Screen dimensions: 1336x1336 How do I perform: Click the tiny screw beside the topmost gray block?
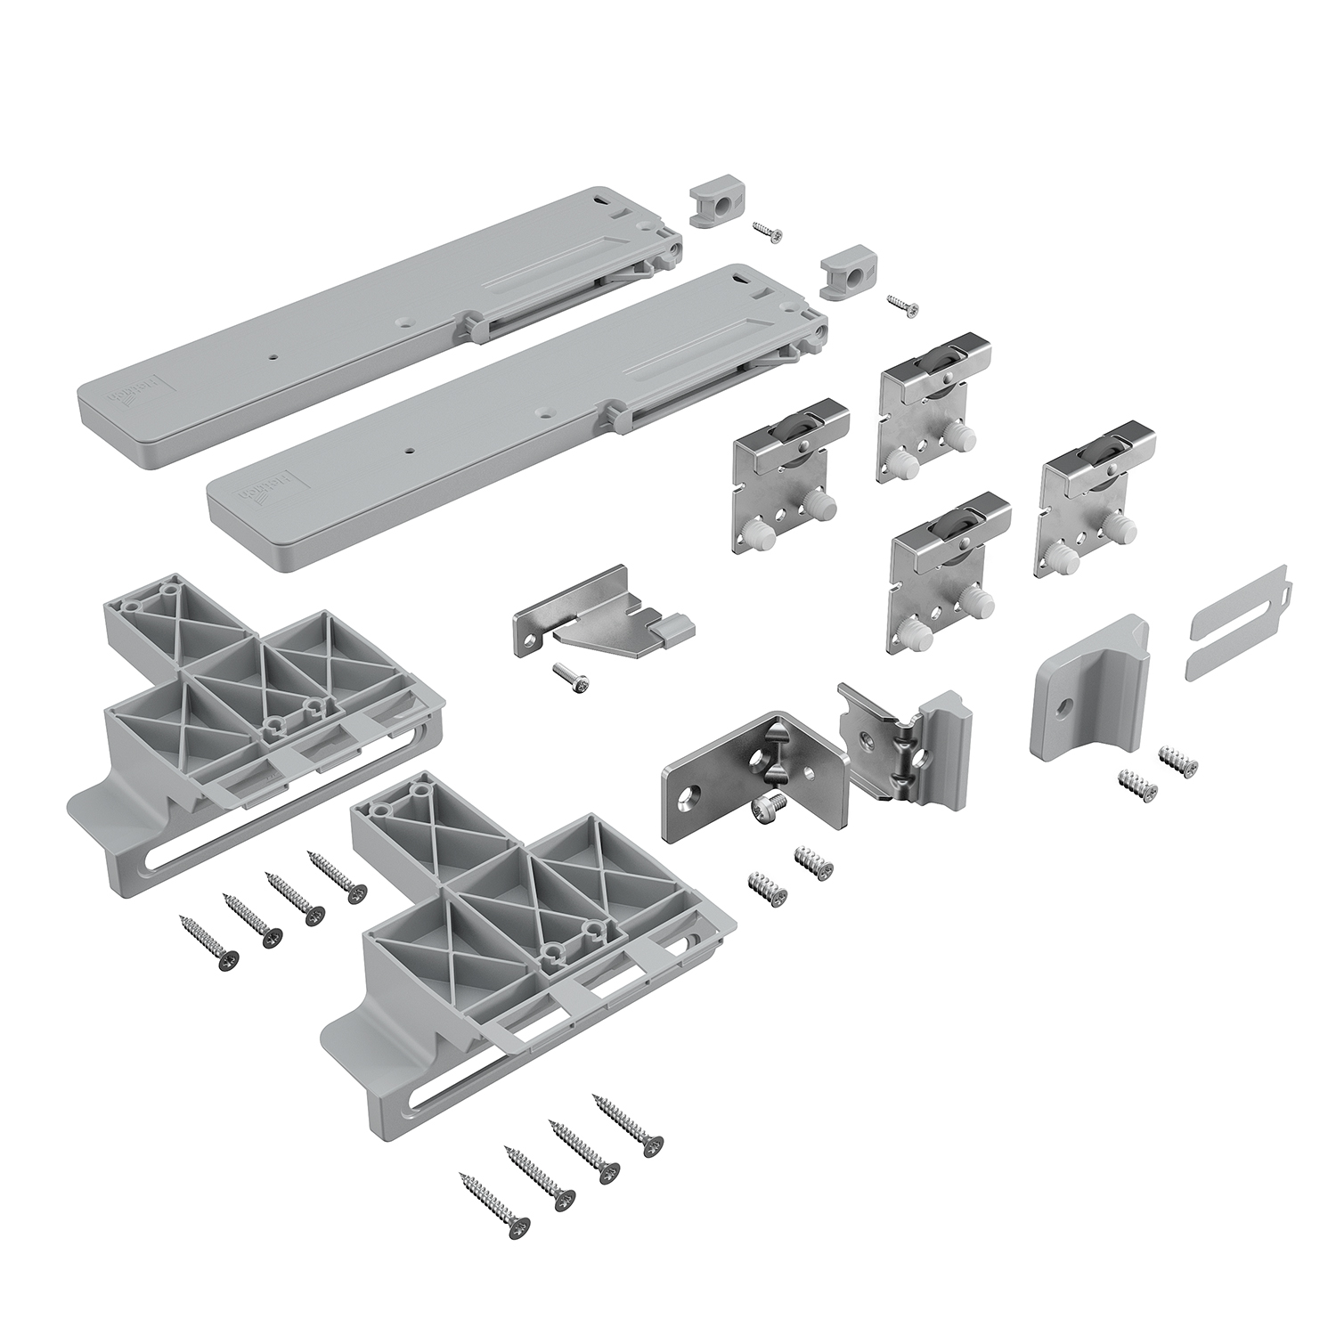point(767,231)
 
